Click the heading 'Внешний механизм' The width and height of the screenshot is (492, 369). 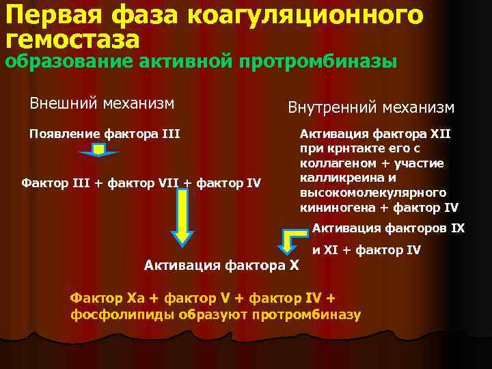(x=102, y=104)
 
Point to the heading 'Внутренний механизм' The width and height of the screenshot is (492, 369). (x=370, y=107)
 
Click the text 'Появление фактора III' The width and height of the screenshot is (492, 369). (x=105, y=133)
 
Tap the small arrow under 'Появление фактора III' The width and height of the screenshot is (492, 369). (x=99, y=150)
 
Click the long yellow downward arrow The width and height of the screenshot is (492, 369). (x=182, y=216)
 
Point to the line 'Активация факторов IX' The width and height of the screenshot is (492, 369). (x=388, y=228)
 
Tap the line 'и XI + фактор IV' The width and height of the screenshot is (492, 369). (x=367, y=250)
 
